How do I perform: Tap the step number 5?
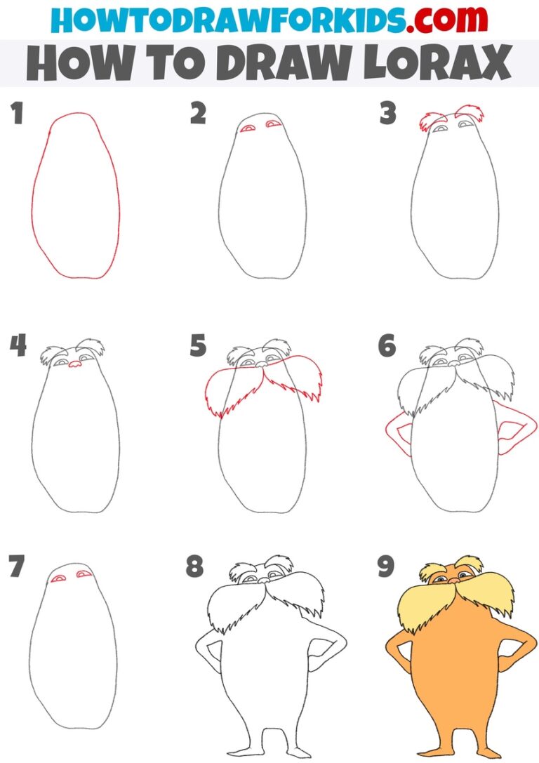coord(198,346)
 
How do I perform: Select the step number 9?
coord(385,566)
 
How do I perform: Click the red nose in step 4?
coord(74,364)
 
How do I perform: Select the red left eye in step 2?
coord(248,128)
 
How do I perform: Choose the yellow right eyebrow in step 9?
coord(468,565)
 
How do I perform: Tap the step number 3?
coord(387,114)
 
